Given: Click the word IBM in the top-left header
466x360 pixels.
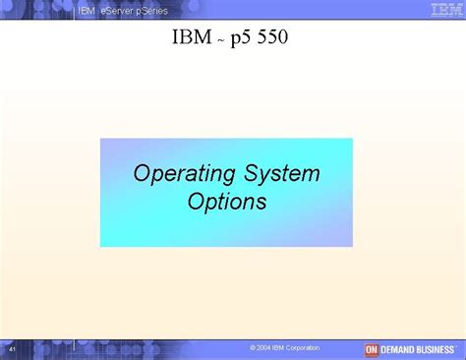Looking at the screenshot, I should pyautogui.click(x=86, y=10).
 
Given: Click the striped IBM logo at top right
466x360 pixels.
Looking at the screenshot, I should pyautogui.click(x=441, y=10).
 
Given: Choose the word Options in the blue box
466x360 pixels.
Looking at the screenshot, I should pyautogui.click(x=226, y=203).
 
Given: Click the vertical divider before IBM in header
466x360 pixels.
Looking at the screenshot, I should pyautogui.click(x=76, y=10).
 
